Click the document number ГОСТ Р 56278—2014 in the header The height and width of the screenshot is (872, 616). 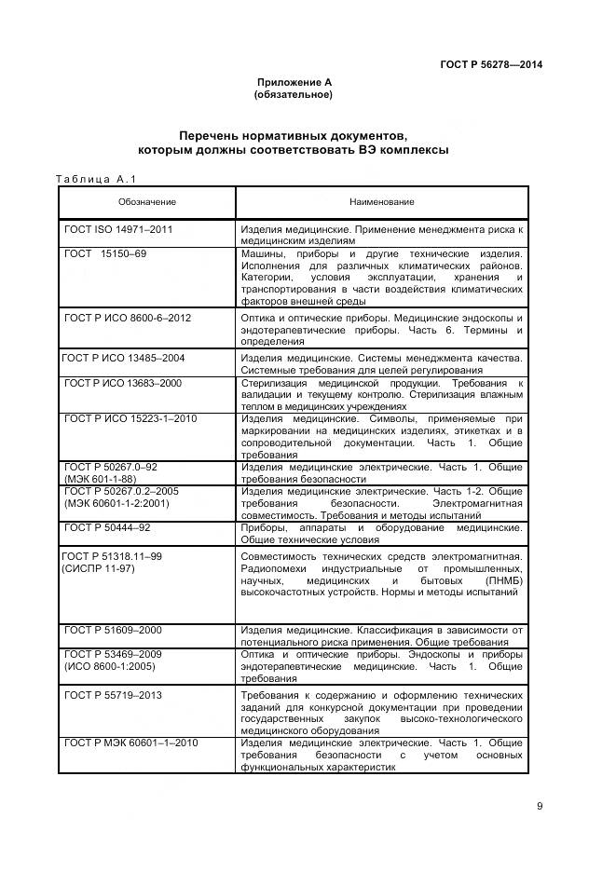click(x=490, y=64)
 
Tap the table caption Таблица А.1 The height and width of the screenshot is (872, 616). click(x=96, y=179)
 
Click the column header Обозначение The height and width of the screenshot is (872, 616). click(x=146, y=202)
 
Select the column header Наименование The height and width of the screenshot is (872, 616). click(x=381, y=202)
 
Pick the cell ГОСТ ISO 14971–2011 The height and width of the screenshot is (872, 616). click(x=118, y=228)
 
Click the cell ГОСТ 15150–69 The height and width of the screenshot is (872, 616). click(x=105, y=253)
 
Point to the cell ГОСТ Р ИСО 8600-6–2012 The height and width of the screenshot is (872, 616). click(x=128, y=318)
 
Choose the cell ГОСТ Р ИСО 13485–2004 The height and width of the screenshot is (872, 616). click(x=123, y=357)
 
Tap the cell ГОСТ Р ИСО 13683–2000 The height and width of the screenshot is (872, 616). click(x=123, y=383)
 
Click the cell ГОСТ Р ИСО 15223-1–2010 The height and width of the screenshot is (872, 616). click(x=130, y=418)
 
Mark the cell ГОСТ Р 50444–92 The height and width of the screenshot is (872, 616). click(x=107, y=527)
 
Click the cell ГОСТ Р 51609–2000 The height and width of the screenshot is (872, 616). click(x=113, y=631)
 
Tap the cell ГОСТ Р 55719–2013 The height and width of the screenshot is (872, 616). click(x=113, y=695)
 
